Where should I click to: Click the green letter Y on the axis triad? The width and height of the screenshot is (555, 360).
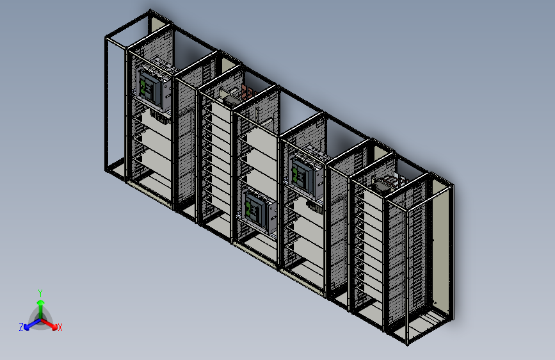tap(40, 291)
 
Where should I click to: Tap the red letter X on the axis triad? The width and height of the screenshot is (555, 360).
tap(60, 327)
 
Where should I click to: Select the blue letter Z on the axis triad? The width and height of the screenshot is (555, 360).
tap(21, 327)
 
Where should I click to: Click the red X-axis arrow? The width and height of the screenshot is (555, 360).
tap(51, 323)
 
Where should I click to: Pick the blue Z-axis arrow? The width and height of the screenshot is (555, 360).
tap(29, 323)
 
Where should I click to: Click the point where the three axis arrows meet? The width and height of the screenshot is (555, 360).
tap(40, 318)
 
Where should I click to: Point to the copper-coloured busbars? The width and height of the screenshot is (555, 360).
tap(248, 92)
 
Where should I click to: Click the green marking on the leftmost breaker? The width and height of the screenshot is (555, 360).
tap(143, 83)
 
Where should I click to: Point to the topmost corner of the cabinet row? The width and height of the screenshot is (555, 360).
tap(150, 10)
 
